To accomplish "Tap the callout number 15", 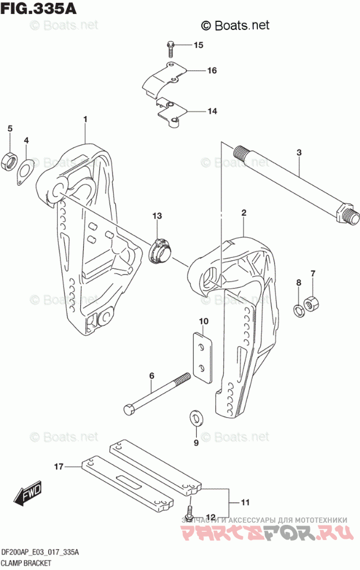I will pyautogui.click(x=198, y=45).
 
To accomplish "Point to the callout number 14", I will pyautogui.click(x=212, y=111).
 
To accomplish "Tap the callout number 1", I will pyautogui.click(x=85, y=119).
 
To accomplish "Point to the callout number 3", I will pyautogui.click(x=299, y=152).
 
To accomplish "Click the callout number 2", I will pyautogui.click(x=244, y=213).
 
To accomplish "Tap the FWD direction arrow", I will pyautogui.click(x=26, y=494).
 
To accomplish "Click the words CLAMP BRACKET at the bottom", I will pyautogui.click(x=27, y=562).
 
